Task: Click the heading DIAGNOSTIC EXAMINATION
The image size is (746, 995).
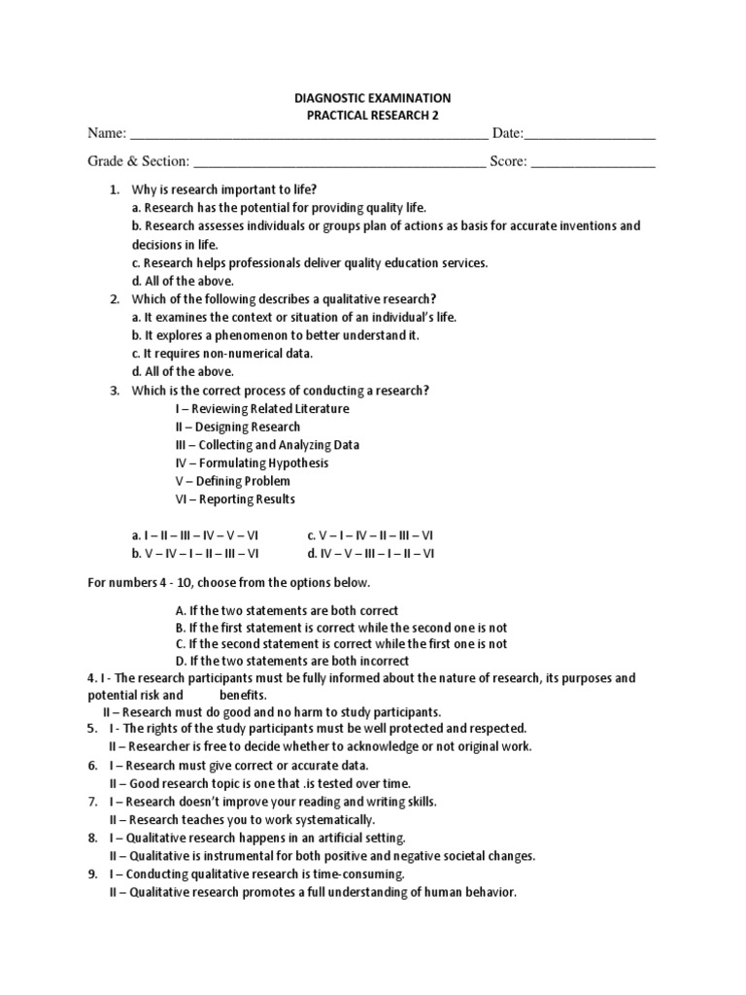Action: [372, 98]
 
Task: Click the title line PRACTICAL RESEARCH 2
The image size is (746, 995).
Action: [372, 116]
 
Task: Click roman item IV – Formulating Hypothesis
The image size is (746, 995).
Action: [252, 463]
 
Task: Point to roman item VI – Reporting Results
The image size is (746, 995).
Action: [235, 499]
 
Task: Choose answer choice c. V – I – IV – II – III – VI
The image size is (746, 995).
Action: [370, 535]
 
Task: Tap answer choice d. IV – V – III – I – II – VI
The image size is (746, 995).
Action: [371, 554]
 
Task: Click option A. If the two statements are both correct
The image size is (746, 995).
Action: [287, 610]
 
